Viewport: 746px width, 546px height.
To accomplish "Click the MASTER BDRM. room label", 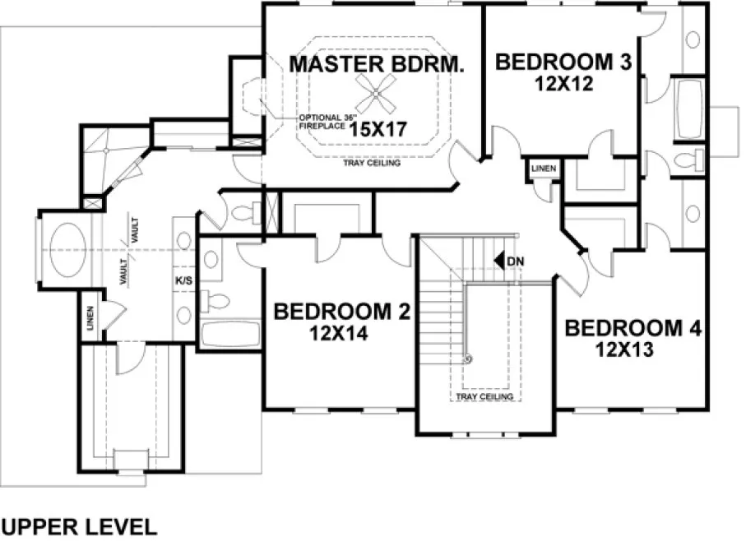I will pyautogui.click(x=376, y=63).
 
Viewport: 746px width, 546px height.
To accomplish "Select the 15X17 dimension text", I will pyautogui.click(x=379, y=128).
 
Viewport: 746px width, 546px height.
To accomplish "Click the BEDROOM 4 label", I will pyautogui.click(x=632, y=329).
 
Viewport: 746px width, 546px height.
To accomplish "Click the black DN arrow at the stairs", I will pyautogui.click(x=498, y=261).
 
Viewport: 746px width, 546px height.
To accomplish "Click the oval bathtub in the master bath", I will pyautogui.click(x=72, y=248).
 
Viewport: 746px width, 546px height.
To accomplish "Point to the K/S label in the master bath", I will pyautogui.click(x=183, y=280).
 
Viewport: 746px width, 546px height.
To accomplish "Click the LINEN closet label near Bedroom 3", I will pyautogui.click(x=544, y=169).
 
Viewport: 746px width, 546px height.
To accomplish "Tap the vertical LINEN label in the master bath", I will pyautogui.click(x=90, y=319).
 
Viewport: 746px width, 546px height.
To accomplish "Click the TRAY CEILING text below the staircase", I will pyautogui.click(x=484, y=397).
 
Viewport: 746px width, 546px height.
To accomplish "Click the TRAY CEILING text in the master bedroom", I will pyautogui.click(x=372, y=164).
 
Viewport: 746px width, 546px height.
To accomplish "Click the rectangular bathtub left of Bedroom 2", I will pyautogui.click(x=230, y=335).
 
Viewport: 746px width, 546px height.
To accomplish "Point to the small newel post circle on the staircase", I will pyautogui.click(x=469, y=359).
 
